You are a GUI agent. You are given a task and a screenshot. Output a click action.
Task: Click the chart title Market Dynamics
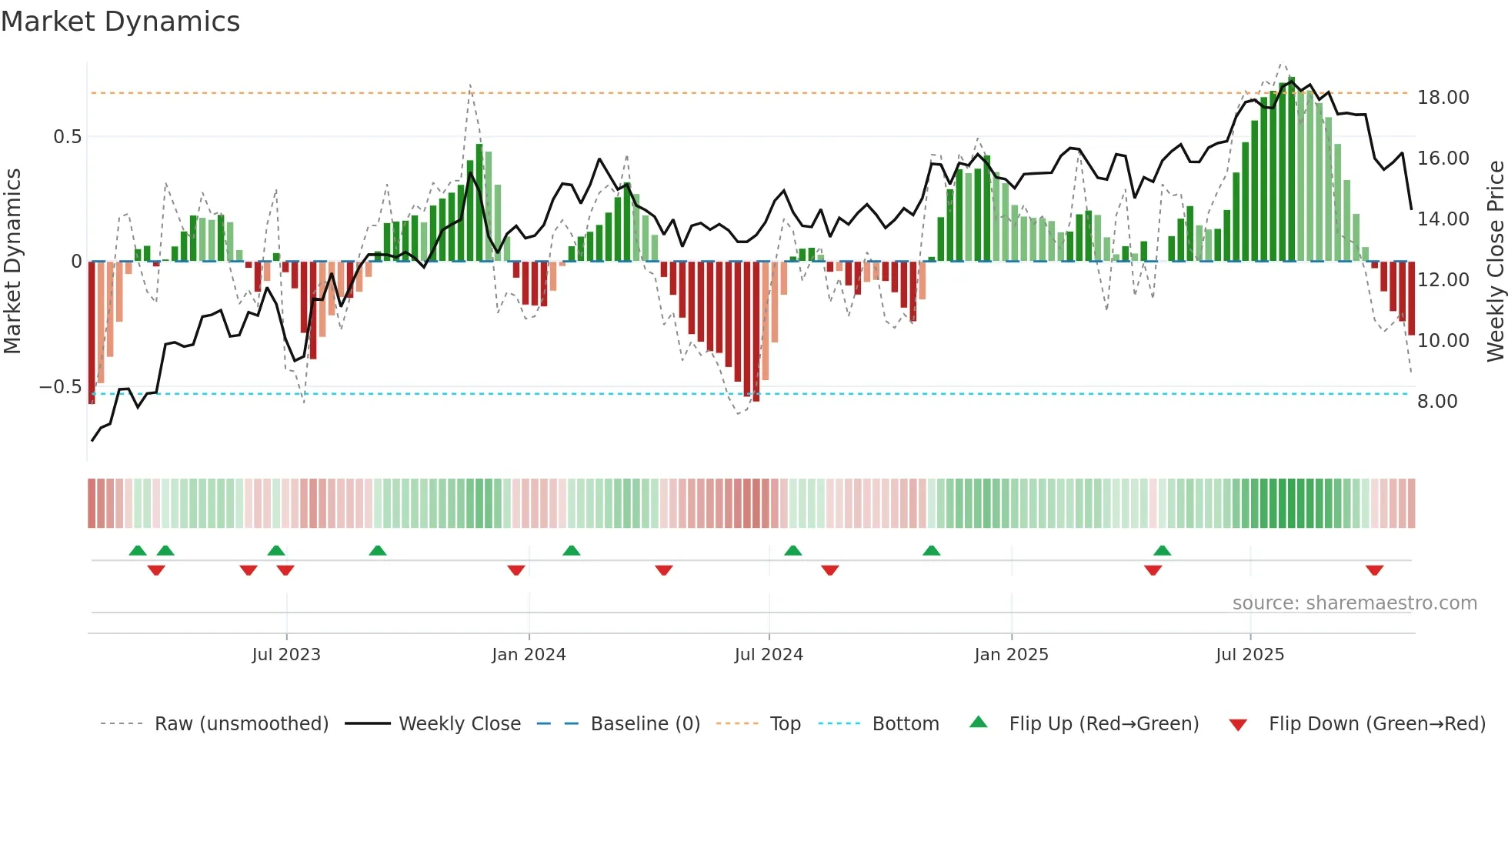click(x=120, y=22)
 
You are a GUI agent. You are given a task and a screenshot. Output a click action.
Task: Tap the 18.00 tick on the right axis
click(x=1443, y=98)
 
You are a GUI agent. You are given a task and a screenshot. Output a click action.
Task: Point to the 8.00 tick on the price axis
click(x=1436, y=402)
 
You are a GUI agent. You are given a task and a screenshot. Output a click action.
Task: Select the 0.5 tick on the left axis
click(x=67, y=137)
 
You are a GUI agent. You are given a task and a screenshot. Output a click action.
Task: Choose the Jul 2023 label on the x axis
click(x=285, y=655)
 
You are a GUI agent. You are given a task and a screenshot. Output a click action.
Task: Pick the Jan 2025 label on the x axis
click(x=1010, y=655)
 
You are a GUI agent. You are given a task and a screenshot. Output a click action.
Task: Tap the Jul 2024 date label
click(x=768, y=655)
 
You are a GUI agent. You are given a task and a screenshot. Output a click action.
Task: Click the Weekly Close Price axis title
click(x=1495, y=261)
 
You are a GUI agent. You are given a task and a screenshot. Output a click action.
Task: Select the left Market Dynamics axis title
click(x=12, y=261)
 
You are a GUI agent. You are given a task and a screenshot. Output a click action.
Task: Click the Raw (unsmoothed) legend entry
click(x=241, y=724)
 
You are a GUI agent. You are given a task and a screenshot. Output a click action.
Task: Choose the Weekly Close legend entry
click(x=459, y=724)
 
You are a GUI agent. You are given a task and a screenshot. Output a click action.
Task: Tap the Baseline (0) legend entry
click(x=645, y=724)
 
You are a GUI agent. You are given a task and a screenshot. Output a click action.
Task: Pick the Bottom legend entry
click(x=905, y=724)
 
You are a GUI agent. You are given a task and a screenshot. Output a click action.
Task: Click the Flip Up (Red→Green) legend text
click(x=1103, y=724)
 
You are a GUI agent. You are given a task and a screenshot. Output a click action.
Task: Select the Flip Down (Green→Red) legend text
click(x=1376, y=724)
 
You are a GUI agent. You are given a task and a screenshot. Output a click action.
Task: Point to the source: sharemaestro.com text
click(x=1354, y=603)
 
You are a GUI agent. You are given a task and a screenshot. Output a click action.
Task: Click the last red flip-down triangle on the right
click(x=1374, y=570)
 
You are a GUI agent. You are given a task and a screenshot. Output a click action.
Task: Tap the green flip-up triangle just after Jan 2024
click(x=571, y=550)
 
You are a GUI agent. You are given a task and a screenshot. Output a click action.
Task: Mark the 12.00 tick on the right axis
click(x=1443, y=280)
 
